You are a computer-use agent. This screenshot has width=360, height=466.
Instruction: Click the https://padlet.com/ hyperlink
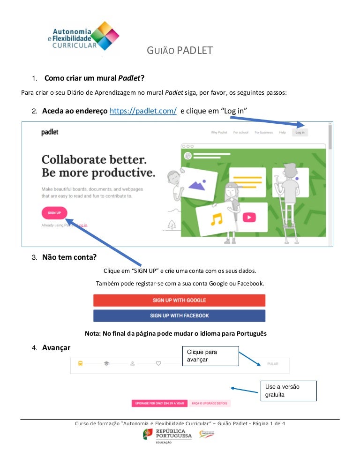click(143, 111)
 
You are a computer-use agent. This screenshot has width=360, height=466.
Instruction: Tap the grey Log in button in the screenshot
click(300, 133)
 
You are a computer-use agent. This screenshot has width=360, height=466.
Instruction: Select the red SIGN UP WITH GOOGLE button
click(179, 300)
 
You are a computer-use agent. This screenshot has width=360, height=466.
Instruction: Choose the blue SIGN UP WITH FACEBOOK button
click(179, 316)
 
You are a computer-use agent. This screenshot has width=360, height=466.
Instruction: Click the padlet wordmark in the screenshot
click(50, 133)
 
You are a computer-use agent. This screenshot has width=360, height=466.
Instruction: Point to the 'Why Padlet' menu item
click(219, 133)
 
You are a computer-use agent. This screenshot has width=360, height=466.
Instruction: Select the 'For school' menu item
click(240, 133)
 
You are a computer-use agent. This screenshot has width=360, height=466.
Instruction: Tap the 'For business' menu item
click(263, 133)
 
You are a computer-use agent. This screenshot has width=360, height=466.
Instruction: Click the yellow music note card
click(216, 219)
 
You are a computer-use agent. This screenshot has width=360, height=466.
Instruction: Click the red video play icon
click(249, 217)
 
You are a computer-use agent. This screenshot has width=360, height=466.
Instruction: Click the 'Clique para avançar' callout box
click(210, 355)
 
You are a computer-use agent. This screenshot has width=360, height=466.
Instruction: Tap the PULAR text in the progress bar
click(272, 363)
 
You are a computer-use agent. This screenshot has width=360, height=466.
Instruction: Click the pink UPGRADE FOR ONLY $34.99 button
click(159, 403)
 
